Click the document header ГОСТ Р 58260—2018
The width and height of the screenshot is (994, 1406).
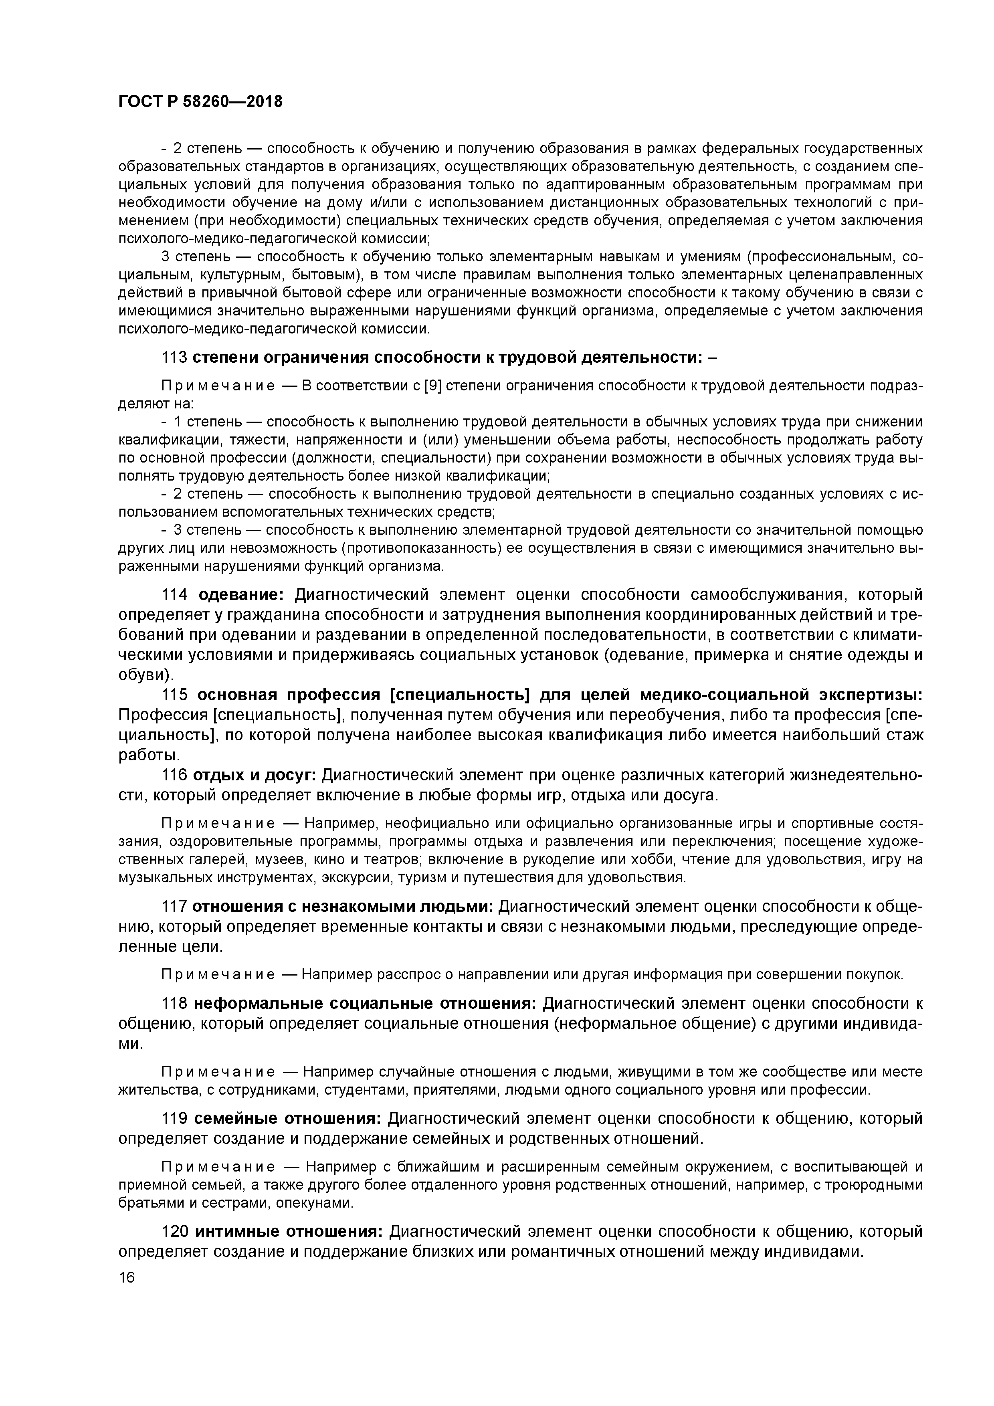coord(200,102)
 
